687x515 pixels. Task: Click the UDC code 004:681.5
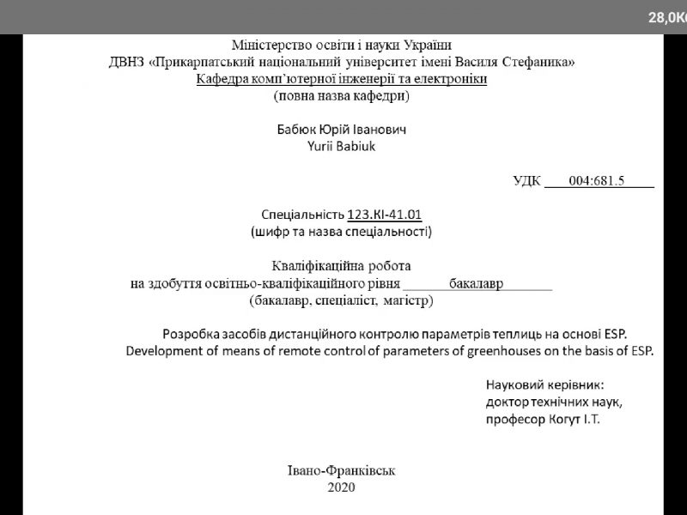(599, 180)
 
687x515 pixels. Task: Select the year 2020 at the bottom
(342, 488)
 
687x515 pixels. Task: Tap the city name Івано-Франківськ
(342, 470)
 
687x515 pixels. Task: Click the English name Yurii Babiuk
(342, 145)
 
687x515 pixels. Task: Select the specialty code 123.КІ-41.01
(385, 215)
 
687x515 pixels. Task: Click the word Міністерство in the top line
(269, 45)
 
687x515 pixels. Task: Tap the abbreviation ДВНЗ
(128, 63)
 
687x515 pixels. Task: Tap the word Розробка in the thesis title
(190, 333)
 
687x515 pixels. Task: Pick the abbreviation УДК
(526, 180)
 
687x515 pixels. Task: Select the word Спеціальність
(301, 215)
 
